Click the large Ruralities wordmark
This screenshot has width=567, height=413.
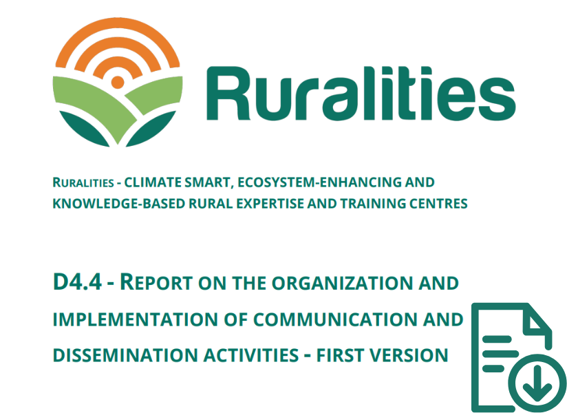point(361,94)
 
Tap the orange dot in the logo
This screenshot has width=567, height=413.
point(118,82)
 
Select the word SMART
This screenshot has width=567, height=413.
point(208,182)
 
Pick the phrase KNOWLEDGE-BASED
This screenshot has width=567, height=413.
point(118,204)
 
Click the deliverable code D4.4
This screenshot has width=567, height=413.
point(77,282)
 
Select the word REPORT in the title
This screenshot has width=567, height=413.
point(156,282)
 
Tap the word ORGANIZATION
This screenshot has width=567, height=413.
point(342,283)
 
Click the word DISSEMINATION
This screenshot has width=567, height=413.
point(125,355)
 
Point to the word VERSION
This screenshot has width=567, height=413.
point(409,355)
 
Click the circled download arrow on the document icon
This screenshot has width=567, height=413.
point(537,383)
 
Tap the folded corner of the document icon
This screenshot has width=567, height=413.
point(537,320)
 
